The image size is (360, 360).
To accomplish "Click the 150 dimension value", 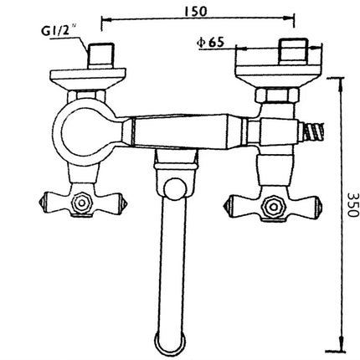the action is [196, 11].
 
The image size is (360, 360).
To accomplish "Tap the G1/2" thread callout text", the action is [59, 30].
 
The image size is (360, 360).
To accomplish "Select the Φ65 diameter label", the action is [210, 43].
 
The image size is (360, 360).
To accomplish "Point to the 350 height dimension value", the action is [352, 205].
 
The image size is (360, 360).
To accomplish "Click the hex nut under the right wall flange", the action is [277, 95].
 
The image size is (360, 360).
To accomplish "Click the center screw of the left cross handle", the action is [81, 203].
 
